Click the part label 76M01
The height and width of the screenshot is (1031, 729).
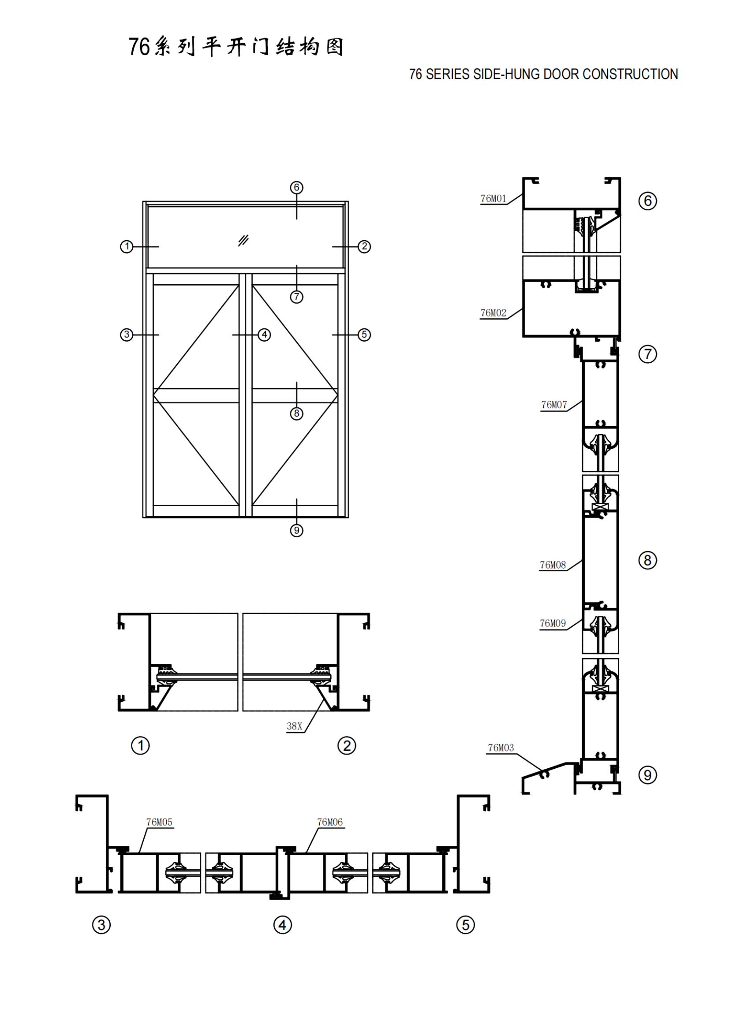coord(493,198)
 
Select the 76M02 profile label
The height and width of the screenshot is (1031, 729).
coord(493,313)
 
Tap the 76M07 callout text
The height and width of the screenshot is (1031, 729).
coord(554,405)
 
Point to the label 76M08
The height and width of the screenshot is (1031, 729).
coord(553,565)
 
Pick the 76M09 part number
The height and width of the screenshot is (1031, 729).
coord(553,623)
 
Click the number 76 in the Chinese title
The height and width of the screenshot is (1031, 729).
coord(139,47)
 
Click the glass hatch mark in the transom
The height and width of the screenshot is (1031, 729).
coord(243,240)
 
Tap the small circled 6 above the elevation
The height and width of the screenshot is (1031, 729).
coord(296,187)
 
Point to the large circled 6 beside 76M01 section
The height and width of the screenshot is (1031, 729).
coord(647,201)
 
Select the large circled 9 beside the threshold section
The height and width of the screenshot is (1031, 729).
coord(647,775)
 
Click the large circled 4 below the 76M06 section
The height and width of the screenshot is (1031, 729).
coord(283,925)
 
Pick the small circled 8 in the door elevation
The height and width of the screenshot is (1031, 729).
coord(296,413)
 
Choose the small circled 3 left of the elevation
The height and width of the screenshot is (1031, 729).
coord(127,335)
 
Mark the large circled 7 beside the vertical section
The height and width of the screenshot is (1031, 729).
coord(647,354)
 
